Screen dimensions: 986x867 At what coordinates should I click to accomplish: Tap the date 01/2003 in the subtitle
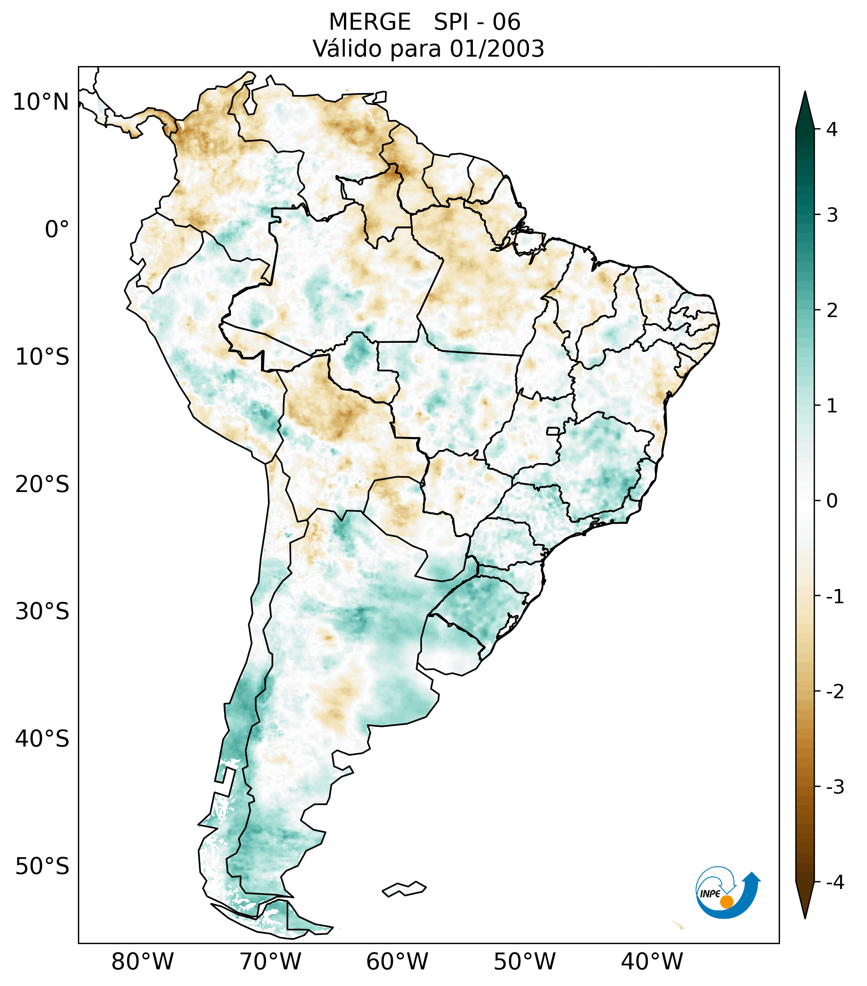(497, 49)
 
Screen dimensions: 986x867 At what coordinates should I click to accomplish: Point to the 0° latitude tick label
(57, 230)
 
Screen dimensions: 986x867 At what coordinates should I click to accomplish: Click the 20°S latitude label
(42, 484)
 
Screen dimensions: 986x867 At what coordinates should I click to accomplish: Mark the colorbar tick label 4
(832, 129)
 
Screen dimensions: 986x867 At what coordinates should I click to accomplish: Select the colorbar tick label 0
(832, 501)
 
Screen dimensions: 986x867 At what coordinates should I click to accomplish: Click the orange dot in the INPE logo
(726, 902)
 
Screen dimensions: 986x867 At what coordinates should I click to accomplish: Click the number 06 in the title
(507, 22)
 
